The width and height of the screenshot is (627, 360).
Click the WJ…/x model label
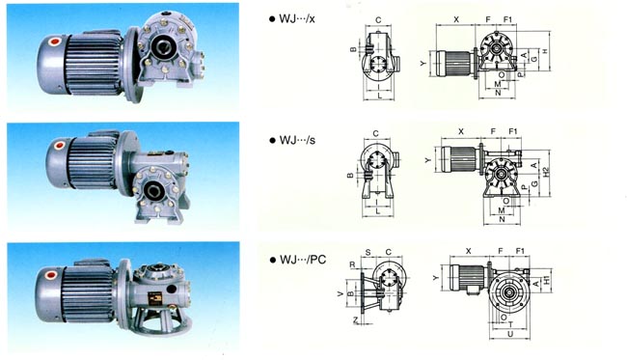[x=298, y=20]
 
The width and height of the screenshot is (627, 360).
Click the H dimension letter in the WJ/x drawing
[x=545, y=50]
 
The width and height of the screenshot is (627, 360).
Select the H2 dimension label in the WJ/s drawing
[x=547, y=171]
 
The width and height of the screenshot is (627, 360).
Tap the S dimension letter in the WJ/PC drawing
[x=368, y=252]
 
